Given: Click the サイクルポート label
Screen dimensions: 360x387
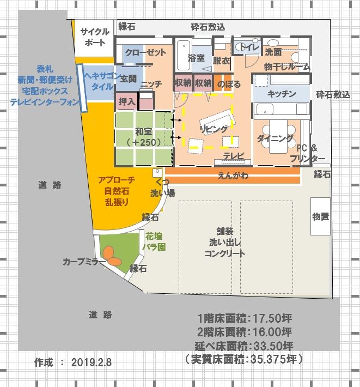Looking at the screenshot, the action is click(95, 37).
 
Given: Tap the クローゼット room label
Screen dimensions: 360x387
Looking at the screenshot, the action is click(145, 52).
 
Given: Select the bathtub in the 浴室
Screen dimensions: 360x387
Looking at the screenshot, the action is click(183, 55).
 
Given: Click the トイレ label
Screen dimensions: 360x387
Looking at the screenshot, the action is click(249, 47).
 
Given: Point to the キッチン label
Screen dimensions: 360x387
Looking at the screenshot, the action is click(282, 94).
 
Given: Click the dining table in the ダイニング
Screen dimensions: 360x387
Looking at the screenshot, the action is click(278, 136).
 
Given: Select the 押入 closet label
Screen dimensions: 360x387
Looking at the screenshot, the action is click(127, 101).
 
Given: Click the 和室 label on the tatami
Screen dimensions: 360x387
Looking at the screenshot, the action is click(143, 131).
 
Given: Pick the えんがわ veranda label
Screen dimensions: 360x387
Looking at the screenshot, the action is click(233, 176).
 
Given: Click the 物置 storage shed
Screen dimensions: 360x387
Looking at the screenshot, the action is click(320, 216).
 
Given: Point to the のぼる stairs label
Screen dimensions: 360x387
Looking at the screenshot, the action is click(229, 84).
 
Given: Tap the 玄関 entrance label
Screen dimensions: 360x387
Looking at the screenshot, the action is click(128, 79).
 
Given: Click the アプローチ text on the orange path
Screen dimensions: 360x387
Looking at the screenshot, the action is click(117, 180).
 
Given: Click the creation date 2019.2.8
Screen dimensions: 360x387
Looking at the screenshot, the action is click(91, 362).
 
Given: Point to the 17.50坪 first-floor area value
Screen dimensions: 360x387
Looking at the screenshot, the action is click(272, 318).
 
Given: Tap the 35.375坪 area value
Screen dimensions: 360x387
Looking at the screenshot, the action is click(274, 359).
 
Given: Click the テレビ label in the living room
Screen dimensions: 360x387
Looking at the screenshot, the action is click(234, 155).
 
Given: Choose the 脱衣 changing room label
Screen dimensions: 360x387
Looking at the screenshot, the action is click(222, 61).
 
